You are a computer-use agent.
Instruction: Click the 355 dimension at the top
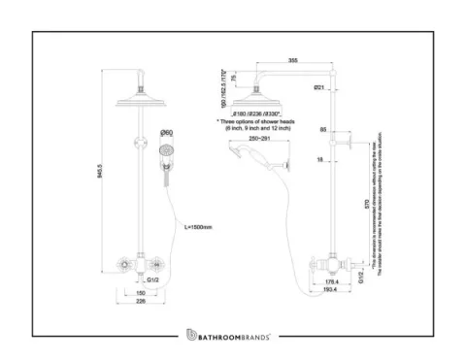(x=292, y=61)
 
